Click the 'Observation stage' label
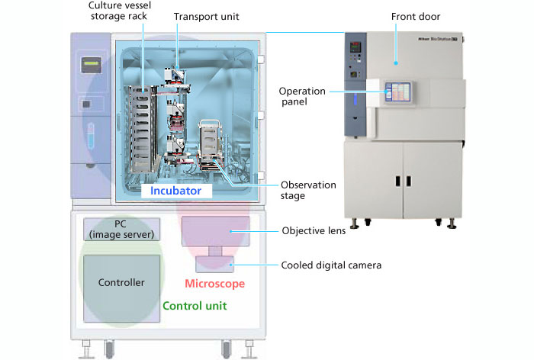tap(303, 190)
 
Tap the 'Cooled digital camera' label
tap(330, 265)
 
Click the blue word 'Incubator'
tap(175, 191)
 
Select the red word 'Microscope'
tap(214, 284)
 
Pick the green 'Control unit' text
tap(195, 306)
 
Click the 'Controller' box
tap(121, 283)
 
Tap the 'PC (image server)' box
tap(121, 229)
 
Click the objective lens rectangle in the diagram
tap(216, 230)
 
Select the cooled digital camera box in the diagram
tap(215, 263)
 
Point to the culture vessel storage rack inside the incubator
tap(143, 126)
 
